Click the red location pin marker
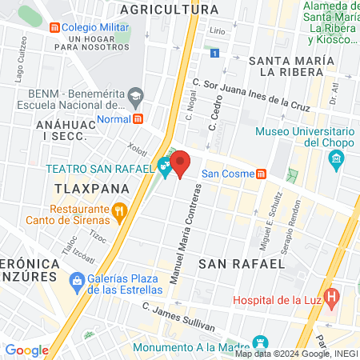click(181, 163)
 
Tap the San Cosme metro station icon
click(261, 174)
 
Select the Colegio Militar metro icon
click(54, 27)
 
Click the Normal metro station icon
click(138, 119)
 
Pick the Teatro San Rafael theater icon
click(165, 169)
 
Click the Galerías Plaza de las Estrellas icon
click(77, 281)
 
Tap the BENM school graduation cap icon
click(135, 96)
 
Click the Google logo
click(26, 350)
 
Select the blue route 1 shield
click(215, 53)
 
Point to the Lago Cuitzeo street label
click(19, 70)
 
